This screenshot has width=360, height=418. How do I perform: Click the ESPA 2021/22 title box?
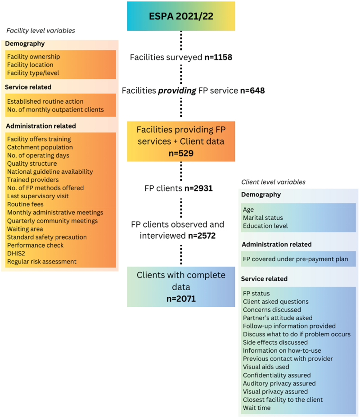point(181,16)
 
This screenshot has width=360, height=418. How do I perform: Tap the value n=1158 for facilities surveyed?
point(218,57)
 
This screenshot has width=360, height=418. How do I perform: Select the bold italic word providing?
point(177,91)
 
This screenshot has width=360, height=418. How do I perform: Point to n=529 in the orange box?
point(181,153)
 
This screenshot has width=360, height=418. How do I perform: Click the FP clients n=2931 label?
point(178,188)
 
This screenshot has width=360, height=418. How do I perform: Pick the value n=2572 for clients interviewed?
point(202,236)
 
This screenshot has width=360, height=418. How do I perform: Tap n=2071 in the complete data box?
point(181,299)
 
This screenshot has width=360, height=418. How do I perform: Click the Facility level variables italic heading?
point(41,31)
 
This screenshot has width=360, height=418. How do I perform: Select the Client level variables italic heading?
point(273,182)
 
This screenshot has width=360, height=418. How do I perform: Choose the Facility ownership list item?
point(34,57)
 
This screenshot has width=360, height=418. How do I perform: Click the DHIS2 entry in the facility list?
point(16,254)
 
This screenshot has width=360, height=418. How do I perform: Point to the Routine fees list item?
point(25,204)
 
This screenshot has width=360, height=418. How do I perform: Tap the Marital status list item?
point(263,218)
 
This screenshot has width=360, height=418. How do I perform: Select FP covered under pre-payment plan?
point(295,259)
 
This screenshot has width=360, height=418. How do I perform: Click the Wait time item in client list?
point(256,408)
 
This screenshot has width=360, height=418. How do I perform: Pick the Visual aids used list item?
point(266,367)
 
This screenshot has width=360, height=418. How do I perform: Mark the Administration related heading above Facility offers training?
point(41,126)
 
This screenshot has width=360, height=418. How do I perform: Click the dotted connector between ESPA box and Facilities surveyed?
point(181,41)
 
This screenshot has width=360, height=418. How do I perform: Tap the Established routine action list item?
point(45,101)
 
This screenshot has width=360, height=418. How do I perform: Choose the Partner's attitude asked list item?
point(278,318)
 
